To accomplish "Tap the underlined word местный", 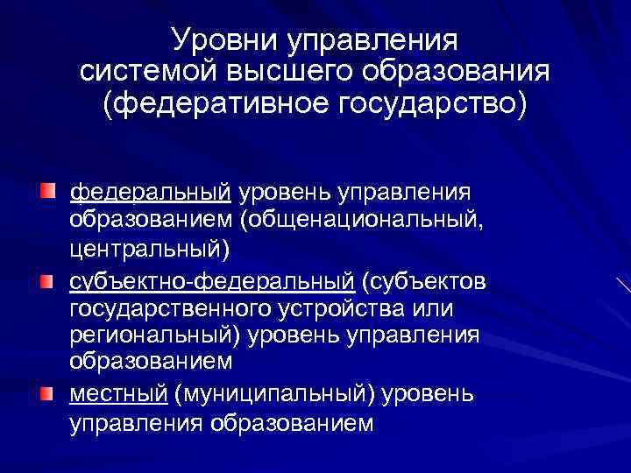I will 117,395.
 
